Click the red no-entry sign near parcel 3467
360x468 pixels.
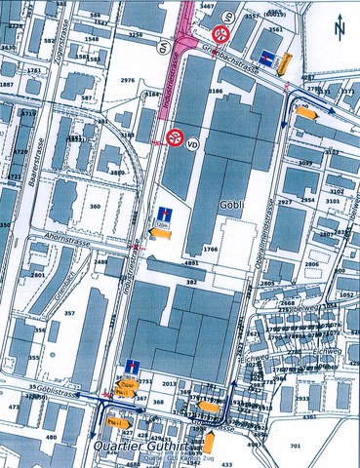click(x=223, y=32)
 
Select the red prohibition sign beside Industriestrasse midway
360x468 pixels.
click(x=175, y=136)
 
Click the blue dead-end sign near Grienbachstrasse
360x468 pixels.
click(x=268, y=52)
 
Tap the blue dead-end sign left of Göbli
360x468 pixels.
click(x=161, y=216)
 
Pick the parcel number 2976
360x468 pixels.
click(x=127, y=80)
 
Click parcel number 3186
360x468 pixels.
click(x=214, y=89)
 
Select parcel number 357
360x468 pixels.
click(x=69, y=313)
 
